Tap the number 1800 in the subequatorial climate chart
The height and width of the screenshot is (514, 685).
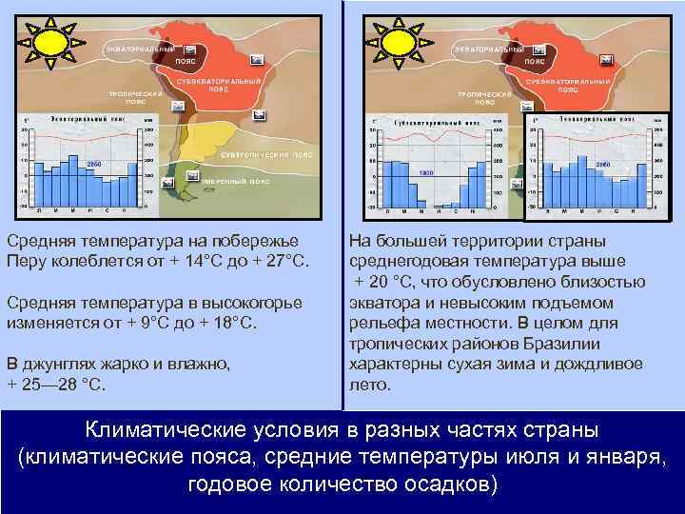tap(426, 173)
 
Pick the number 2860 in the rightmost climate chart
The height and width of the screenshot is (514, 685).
tap(601, 164)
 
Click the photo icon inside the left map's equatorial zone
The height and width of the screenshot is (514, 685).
tap(191, 49)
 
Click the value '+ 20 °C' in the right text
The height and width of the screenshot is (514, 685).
tap(386, 283)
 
